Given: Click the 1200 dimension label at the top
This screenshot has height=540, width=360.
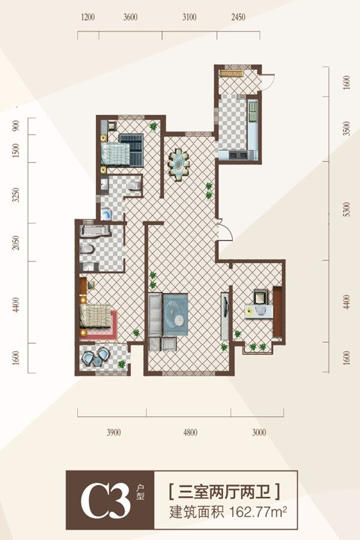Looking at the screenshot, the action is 88,17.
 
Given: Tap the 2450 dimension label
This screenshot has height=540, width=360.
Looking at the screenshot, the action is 238,17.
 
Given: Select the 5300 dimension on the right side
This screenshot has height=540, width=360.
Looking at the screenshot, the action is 347,209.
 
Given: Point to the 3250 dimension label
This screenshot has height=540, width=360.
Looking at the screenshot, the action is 16,195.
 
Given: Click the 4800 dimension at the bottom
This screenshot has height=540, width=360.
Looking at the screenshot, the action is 190,433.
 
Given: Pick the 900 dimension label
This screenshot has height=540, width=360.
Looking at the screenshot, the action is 16,126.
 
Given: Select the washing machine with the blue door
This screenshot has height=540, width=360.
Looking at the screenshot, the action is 106,214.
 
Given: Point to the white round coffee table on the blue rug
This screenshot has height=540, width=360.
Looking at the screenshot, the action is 179,320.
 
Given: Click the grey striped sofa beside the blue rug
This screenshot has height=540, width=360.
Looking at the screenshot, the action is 155,315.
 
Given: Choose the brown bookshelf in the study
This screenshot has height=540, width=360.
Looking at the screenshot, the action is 278,311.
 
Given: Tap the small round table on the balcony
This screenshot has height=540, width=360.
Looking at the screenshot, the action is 97,362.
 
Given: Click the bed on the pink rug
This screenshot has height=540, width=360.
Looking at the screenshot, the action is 95,316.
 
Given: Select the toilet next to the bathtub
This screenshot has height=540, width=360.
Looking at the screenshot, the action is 86,248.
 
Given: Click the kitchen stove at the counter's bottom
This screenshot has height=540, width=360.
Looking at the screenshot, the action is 238,155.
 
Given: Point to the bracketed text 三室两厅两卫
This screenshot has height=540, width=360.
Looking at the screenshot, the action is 224,492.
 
